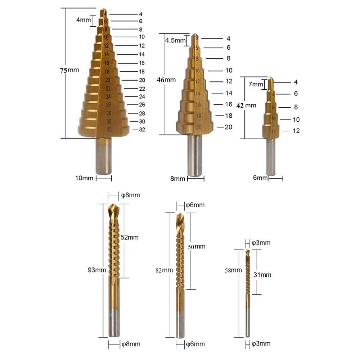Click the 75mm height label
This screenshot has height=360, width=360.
click(69, 70)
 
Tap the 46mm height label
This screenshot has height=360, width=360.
click(166, 80)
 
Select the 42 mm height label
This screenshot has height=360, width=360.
click(246, 105)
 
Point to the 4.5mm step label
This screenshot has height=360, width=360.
click(175, 40)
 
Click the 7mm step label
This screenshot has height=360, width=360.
click(256, 84)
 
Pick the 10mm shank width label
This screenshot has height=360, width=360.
click(84, 178)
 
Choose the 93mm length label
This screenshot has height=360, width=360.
click(97, 270)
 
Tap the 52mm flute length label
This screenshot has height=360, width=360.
click(130, 237)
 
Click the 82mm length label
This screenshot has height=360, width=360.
click(164, 270)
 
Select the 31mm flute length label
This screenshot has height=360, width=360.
click(262, 275)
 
